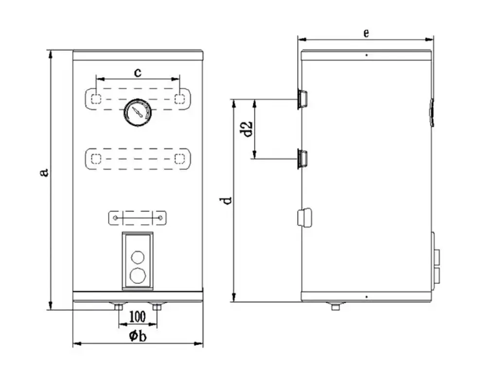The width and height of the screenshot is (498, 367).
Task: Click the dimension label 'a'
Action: coord(44,173)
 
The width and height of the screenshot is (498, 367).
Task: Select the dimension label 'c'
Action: coord(138,73)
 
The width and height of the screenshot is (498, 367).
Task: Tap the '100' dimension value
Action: coord(138,316)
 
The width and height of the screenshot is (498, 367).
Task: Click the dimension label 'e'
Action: coord(366,33)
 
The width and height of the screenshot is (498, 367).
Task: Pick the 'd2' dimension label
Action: coord(247,129)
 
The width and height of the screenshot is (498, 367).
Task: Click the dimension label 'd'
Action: coord(226,201)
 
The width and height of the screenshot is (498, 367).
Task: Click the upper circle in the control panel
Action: coord(138,257)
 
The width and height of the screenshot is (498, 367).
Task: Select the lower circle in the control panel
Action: coord(138,275)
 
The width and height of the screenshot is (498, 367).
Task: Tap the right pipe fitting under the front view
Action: coord(157,306)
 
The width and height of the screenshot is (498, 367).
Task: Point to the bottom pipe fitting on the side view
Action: coord(335,306)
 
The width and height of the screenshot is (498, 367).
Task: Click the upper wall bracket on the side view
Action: coord(302,99)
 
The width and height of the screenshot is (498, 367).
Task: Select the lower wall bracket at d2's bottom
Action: coord(302,158)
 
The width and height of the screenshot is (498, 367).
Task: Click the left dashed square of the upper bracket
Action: coord(96,99)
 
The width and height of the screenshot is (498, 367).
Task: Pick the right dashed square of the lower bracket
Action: coord(179,158)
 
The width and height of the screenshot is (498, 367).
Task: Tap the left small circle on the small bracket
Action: coord(115,218)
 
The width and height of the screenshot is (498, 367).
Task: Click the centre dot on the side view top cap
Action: coord(367,55)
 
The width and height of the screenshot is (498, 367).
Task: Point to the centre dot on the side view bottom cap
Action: coord(367,297)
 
